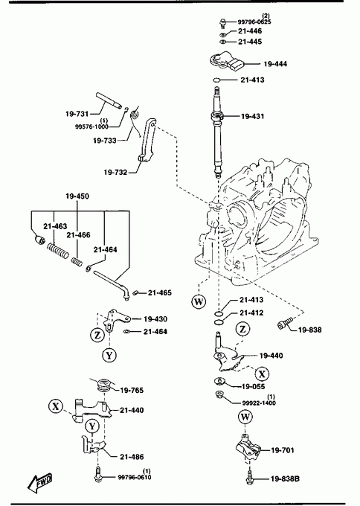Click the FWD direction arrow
(39, 481)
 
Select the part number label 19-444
(275, 64)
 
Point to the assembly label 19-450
(77, 196)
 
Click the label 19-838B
(285, 478)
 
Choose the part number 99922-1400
(259, 403)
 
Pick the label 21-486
(132, 457)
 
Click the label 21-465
(160, 292)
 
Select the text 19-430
(155, 318)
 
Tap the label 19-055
(253, 386)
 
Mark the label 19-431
(252, 116)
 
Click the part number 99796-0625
(254, 22)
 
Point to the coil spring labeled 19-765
(105, 385)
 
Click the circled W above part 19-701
(245, 417)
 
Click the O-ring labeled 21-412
(219, 322)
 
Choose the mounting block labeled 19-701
(248, 449)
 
